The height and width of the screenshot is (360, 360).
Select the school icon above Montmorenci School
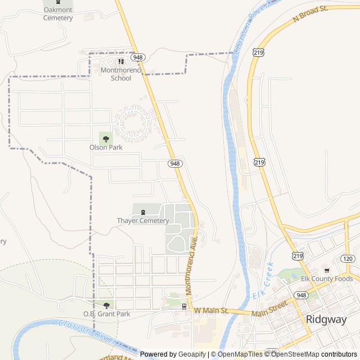pyautogui.click(x=120, y=61)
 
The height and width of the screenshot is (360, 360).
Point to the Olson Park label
pyautogui.click(x=106, y=147)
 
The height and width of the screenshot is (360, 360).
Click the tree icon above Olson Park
pyautogui.click(x=106, y=138)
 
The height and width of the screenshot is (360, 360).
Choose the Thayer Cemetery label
pyautogui.click(x=143, y=220)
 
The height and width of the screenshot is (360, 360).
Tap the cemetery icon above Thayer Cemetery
pyautogui.click(x=143, y=211)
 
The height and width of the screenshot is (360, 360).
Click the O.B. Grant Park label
pyautogui.click(x=106, y=314)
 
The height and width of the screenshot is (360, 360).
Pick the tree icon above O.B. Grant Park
pyautogui.click(x=106, y=305)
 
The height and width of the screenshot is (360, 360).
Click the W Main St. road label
pyautogui.click(x=211, y=310)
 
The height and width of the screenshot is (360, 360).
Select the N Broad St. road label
pyautogui.click(x=310, y=15)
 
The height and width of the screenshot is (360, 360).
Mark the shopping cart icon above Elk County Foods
pyautogui.click(x=327, y=270)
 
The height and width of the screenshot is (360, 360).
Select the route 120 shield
pyautogui.click(x=348, y=259)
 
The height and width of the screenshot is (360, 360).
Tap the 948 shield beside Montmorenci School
pyautogui.click(x=139, y=57)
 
